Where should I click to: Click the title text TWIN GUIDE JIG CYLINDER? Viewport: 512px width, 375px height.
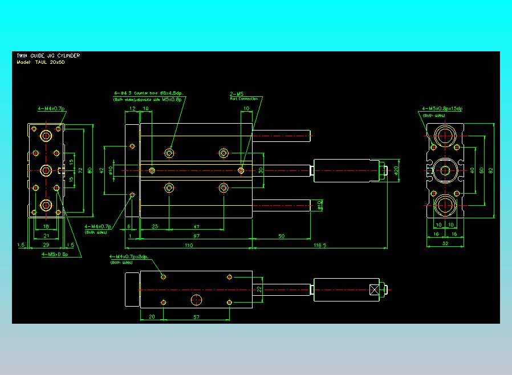pyautogui.click(x=48, y=55)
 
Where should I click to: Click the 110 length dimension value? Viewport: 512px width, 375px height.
pyautogui.click(x=189, y=245)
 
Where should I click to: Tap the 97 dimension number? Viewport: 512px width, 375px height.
pyautogui.click(x=197, y=235)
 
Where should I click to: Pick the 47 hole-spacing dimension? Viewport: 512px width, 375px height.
pyautogui.click(x=196, y=227)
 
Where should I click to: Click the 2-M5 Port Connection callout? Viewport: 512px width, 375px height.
pyautogui.click(x=243, y=96)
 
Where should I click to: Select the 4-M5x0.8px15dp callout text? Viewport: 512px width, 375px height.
pyautogui.click(x=442, y=108)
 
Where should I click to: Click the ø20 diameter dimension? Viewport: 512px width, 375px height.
pyautogui.click(x=397, y=170)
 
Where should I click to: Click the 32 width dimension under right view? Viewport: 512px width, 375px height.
pyautogui.click(x=446, y=243)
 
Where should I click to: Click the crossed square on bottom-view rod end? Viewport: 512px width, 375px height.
pyautogui.click(x=374, y=290)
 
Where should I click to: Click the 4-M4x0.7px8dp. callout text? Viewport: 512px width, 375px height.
pyautogui.click(x=129, y=257)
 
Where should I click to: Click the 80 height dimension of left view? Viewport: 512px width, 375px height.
pyautogui.click(x=90, y=170)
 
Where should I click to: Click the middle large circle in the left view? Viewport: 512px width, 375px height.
pyautogui.click(x=46, y=170)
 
